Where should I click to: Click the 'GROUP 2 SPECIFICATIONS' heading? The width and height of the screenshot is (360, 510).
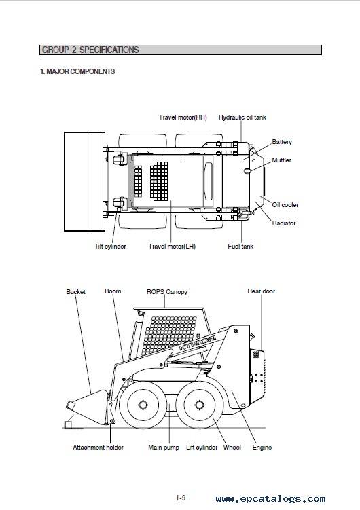90,50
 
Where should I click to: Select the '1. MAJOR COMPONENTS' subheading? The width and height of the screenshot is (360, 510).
77,71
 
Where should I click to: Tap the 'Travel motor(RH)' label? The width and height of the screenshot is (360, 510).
183,117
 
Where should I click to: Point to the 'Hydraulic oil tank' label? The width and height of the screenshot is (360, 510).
242,117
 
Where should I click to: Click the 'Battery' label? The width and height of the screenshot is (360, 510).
282,142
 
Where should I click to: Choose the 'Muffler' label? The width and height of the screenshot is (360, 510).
282,160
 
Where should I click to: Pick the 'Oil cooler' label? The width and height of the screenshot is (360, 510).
285,205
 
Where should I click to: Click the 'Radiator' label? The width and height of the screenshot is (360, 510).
284,223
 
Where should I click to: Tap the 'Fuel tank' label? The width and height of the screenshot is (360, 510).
240,247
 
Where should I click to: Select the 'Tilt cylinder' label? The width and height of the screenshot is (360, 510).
110,247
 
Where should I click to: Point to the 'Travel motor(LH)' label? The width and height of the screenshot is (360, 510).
172,247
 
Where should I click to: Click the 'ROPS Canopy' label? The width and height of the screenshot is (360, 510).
167,292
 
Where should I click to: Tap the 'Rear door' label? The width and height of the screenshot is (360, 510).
261,291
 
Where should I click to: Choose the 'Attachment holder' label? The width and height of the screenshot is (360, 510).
98,448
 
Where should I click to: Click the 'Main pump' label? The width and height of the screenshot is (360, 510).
164,448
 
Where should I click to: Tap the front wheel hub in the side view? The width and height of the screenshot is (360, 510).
143,405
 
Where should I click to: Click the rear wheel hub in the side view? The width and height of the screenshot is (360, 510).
198,405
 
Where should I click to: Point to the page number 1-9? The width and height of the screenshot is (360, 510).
181,498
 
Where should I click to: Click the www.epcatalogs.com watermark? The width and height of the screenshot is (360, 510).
270,499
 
